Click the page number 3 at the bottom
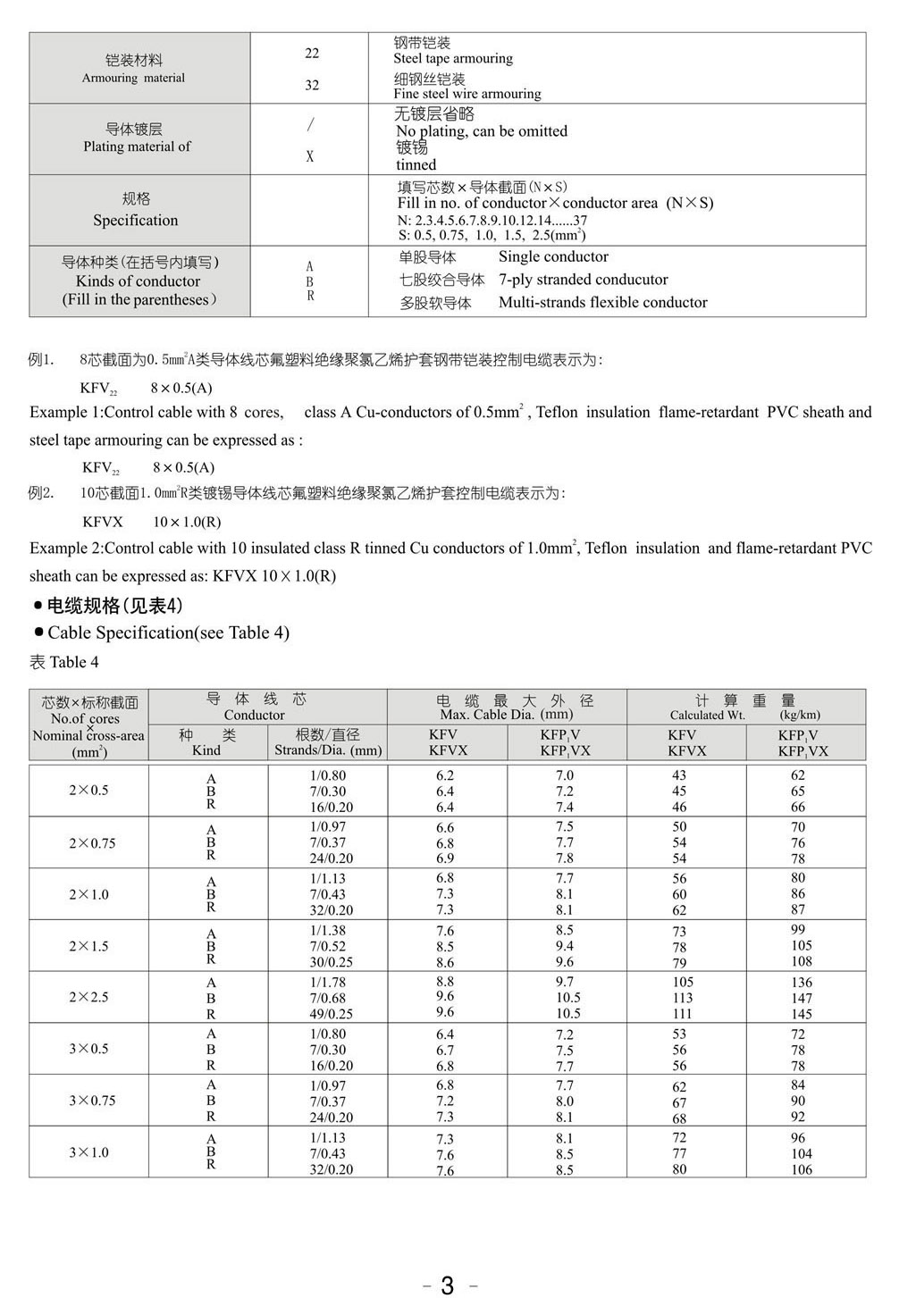[x=448, y=1285]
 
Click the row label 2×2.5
[x=88, y=997]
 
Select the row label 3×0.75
[x=92, y=1101]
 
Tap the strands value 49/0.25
[x=331, y=1014]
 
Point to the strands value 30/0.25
[x=331, y=962]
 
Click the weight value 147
[x=802, y=998]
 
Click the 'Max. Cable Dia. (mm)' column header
[x=507, y=715]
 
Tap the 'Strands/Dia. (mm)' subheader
[x=328, y=750]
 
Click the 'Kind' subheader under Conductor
[x=206, y=750]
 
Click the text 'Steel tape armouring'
[x=453, y=59]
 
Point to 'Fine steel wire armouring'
[x=467, y=94]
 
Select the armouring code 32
[x=312, y=85]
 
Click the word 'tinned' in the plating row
[x=416, y=164]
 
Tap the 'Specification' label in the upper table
[x=136, y=221]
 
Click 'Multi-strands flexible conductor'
[x=603, y=303]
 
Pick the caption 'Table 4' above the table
[x=74, y=662]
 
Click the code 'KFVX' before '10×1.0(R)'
[x=103, y=522]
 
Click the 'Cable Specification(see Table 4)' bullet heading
[x=168, y=632]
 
